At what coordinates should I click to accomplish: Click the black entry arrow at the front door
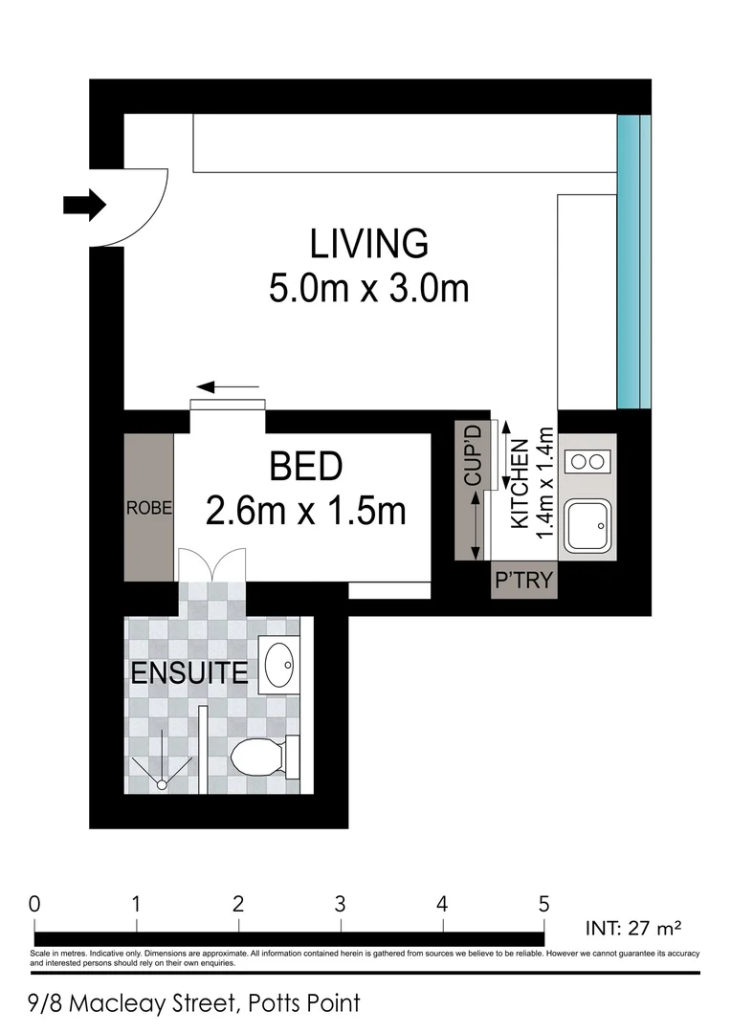click(x=84, y=204)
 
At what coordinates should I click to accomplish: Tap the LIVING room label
click(x=368, y=245)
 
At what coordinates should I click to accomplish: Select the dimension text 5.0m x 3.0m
click(x=368, y=287)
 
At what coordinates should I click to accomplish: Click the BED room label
click(x=306, y=468)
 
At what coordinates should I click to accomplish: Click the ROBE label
click(x=149, y=509)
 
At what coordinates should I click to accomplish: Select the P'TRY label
click(x=523, y=581)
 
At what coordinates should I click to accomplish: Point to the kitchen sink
click(x=587, y=523)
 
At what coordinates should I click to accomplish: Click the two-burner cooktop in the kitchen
click(x=587, y=462)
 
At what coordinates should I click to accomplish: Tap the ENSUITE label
click(x=188, y=673)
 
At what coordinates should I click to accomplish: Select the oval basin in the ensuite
click(x=279, y=665)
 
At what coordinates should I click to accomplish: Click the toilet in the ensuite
click(x=260, y=758)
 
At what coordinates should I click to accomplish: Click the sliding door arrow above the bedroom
click(x=228, y=387)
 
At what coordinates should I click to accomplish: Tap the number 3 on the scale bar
click(x=340, y=903)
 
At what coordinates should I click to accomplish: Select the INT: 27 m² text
click(x=632, y=927)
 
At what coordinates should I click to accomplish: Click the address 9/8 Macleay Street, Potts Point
click(x=195, y=1003)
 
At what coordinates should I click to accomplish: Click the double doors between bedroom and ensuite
click(x=212, y=566)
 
